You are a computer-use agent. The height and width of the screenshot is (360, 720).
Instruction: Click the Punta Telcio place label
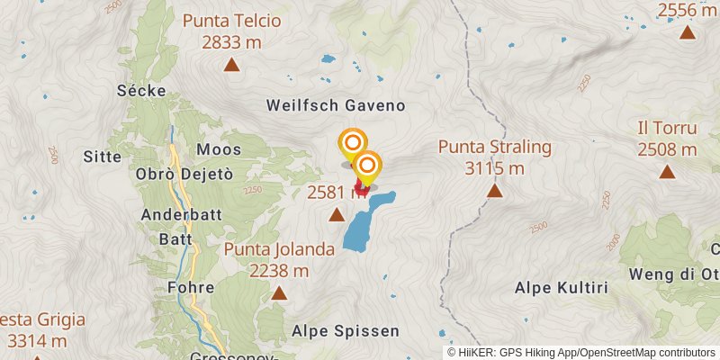pos(232,21)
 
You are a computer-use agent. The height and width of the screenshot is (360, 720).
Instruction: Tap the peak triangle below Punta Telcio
pos(232,64)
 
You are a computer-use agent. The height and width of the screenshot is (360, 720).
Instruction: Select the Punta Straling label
pos(495,147)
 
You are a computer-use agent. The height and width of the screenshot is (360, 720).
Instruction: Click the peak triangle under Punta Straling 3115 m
pos(495,191)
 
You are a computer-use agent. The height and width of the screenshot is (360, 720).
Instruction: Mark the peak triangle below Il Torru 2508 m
pos(667,172)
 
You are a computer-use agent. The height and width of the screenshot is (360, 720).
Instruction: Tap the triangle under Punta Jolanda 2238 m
pos(279,292)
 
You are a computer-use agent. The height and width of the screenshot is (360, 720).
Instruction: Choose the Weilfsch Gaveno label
pos(336,105)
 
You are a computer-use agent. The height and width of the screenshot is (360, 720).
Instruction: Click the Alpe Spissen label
pos(346,331)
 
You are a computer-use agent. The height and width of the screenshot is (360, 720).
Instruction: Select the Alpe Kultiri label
pos(562,288)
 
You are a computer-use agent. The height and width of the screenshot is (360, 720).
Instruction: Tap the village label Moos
pos(220,148)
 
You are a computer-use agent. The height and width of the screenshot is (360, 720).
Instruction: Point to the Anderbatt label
pos(175,215)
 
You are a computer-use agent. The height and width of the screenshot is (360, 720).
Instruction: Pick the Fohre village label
pos(191,288)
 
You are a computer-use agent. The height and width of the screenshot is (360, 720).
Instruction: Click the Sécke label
pos(138,90)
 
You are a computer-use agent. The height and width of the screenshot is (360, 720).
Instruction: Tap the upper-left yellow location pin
pos(353,143)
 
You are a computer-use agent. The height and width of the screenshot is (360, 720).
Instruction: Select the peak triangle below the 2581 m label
pos(337,214)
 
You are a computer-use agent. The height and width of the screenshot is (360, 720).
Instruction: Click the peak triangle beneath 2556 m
pos(688,32)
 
